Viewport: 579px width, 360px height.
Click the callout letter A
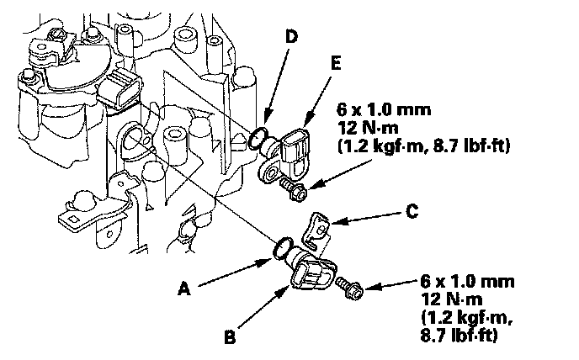tap(184, 289)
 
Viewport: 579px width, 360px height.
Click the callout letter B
tap(230, 337)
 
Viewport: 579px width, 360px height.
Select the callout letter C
tap(412, 211)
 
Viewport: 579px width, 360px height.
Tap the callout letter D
tap(291, 36)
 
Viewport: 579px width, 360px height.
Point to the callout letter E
tap(336, 64)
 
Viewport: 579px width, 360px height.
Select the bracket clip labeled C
tap(316, 230)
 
